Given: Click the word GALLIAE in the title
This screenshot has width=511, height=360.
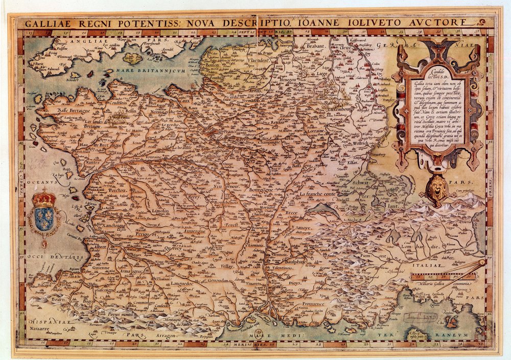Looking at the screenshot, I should pos(44,23).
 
